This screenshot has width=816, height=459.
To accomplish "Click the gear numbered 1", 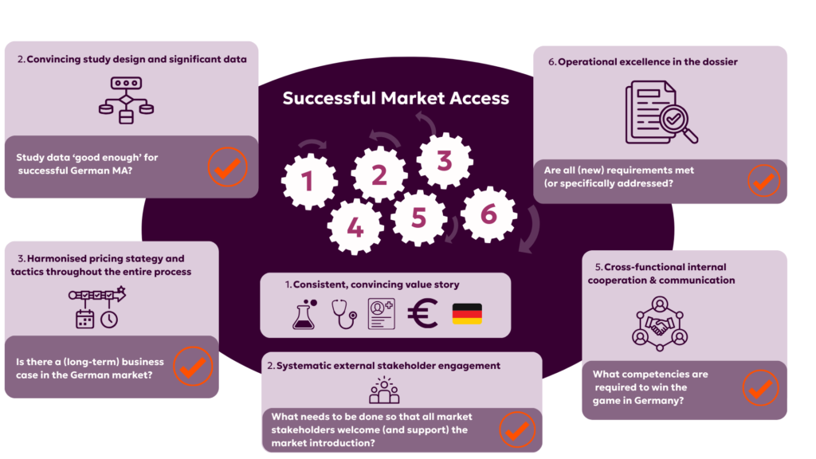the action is click(309, 182).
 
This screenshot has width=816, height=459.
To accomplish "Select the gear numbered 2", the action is click(379, 175).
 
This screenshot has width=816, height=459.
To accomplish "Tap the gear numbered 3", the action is click(445, 161).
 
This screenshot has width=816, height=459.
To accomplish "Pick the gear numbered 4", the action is click(355, 227).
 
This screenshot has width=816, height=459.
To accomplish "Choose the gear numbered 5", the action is click(419, 218).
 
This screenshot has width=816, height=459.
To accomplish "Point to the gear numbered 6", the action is click(488, 214).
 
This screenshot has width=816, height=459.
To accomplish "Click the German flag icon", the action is click(467, 314).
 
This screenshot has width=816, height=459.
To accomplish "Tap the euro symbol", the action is click(422, 313).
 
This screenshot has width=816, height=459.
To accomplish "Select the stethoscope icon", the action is click(344, 314).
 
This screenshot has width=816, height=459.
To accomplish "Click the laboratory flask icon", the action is click(304, 314).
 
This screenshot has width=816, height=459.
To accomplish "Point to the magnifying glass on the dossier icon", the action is click(677, 124).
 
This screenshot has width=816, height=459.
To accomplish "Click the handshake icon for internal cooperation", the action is click(659, 326).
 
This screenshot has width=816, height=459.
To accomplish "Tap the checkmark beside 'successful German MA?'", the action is click(227, 167).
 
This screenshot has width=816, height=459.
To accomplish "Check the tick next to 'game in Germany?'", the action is click(760, 388).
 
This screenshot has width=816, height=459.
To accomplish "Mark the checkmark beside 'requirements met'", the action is click(763, 181).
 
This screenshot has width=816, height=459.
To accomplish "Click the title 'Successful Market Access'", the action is click(395, 98).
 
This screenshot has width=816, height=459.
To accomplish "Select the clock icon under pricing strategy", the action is click(108, 319).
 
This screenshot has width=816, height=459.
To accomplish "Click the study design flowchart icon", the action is click(127, 100).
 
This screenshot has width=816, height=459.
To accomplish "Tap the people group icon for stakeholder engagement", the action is click(384, 390).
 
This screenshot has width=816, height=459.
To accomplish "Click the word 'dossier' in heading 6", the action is click(720, 62).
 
